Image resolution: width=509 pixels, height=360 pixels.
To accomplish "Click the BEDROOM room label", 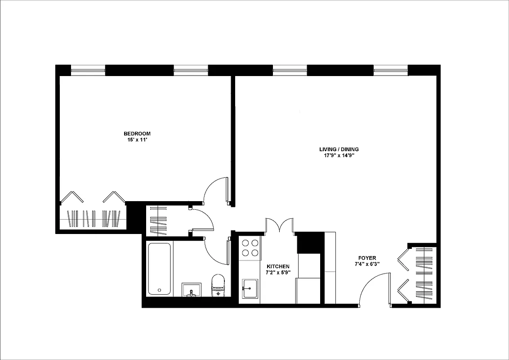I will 137,134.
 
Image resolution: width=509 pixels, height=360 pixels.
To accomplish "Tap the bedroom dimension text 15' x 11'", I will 137,140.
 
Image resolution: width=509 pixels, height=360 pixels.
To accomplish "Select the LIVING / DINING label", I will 339,149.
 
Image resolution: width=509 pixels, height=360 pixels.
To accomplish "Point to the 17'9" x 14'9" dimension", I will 339,156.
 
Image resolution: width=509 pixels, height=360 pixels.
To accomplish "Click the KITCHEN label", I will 278,266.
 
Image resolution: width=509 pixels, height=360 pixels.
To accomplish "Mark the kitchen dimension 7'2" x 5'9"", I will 278,272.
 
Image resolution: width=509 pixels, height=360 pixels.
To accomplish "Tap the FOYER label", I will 367,258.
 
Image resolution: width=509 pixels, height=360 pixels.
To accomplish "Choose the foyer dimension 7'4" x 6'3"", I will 367,264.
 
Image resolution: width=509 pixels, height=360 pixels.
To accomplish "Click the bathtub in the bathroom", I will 159,269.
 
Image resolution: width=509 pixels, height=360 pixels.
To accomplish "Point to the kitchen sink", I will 250,288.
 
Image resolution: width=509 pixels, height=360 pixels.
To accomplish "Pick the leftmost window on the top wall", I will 88,69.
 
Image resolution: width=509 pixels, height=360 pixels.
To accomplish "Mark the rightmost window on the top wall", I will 391,69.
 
